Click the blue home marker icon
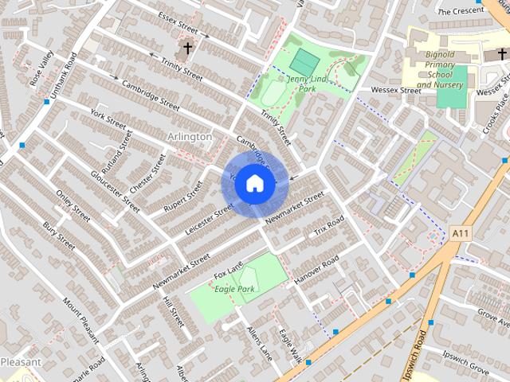pos(254,183)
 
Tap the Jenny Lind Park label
pos(308,84)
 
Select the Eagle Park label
pos(233,289)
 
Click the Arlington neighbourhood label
pos(190,137)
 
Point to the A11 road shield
pos(459,233)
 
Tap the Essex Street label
pos(177,24)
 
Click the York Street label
pos(108,119)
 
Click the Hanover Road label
pos(316,270)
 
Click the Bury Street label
pos(59,236)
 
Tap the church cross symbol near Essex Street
pos(188,49)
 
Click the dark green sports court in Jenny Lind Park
pos(304,61)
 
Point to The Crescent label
pos(461,11)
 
